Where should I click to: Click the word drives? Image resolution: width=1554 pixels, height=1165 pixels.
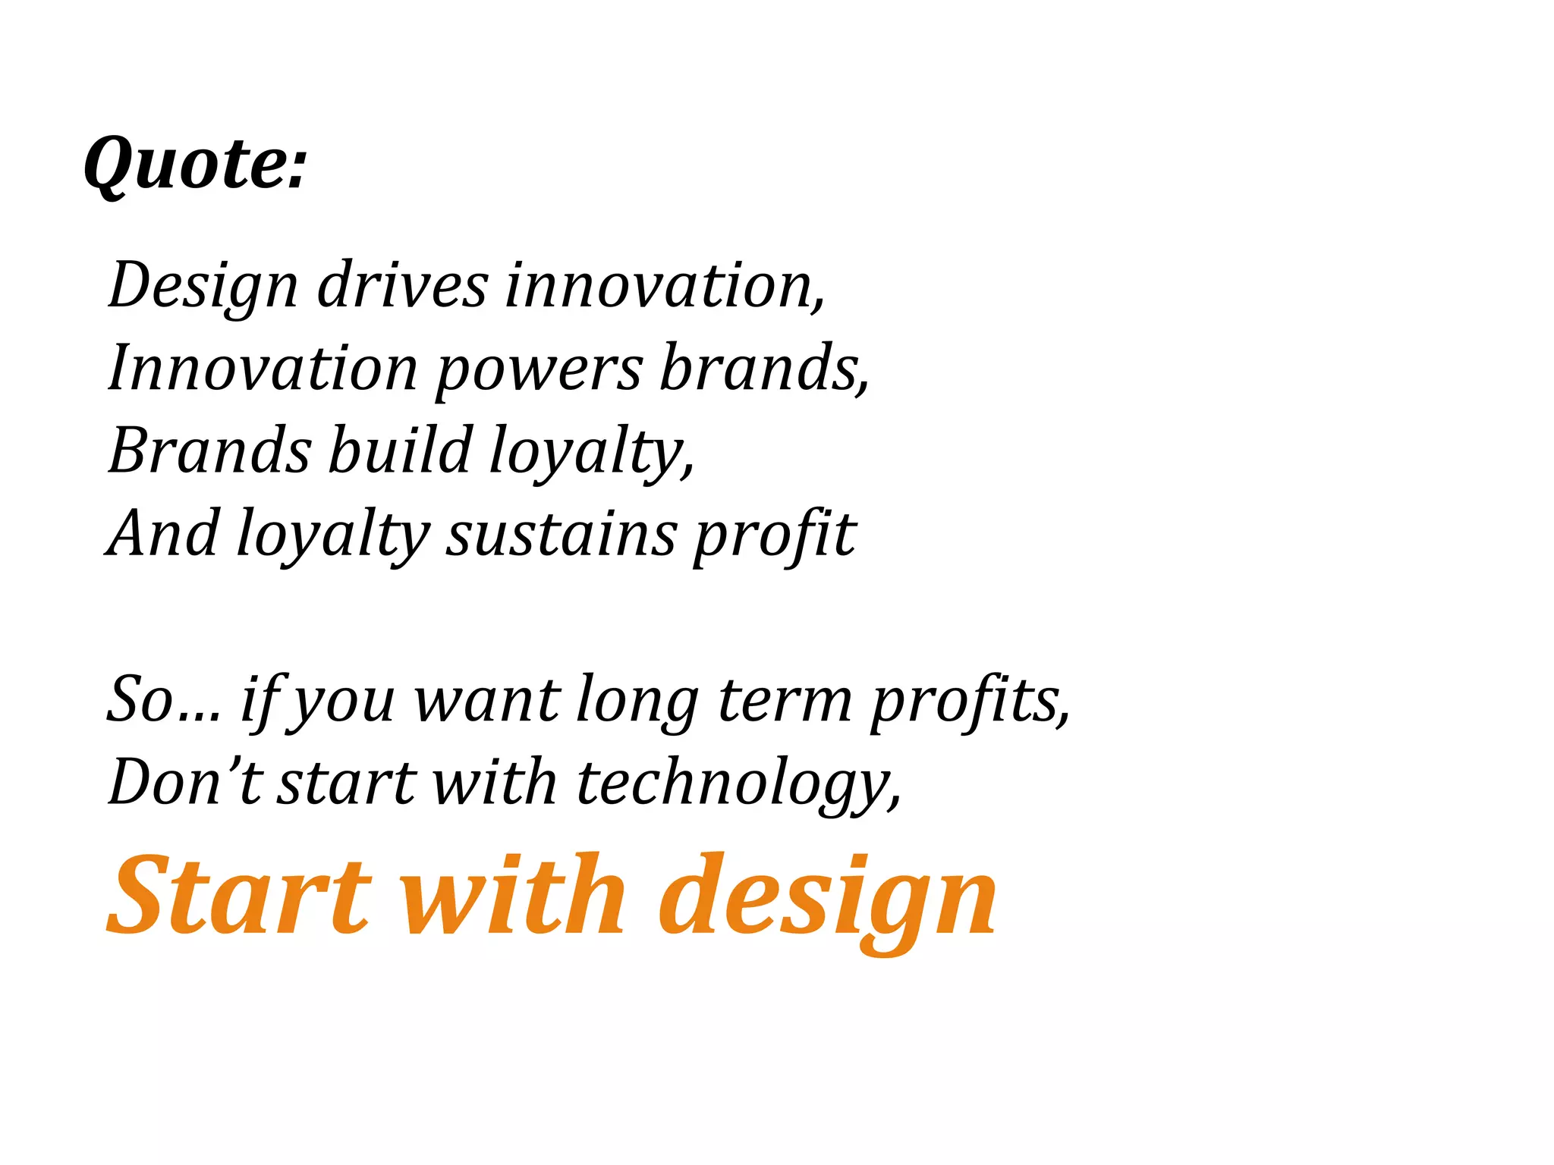pos(401,286)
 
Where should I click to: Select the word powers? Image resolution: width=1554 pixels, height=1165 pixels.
pos(539,370)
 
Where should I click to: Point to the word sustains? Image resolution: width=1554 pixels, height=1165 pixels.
pos(560,534)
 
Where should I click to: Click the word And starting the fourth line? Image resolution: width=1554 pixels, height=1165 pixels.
pos(162,534)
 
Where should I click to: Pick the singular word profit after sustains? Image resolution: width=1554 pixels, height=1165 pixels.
pos(775,534)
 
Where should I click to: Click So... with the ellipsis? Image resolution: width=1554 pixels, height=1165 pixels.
pos(164,699)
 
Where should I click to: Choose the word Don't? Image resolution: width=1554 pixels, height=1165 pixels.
pos(185,782)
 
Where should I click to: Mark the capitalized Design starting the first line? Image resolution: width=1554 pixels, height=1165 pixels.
pos(203,287)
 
